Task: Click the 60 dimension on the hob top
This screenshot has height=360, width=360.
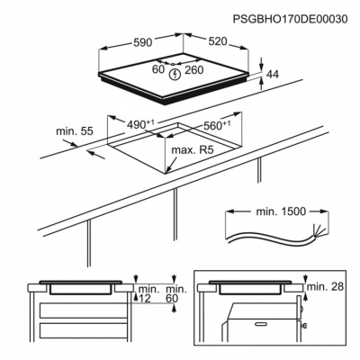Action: (x=158, y=67)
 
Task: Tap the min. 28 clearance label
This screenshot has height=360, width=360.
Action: (x=323, y=285)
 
